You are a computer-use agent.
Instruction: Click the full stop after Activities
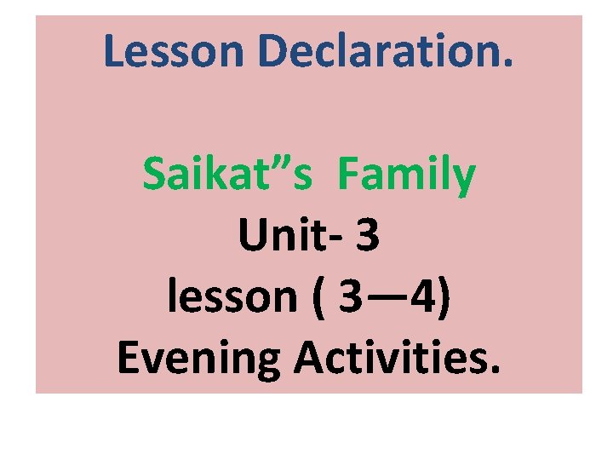494,371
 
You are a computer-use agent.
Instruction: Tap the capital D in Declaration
277,51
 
